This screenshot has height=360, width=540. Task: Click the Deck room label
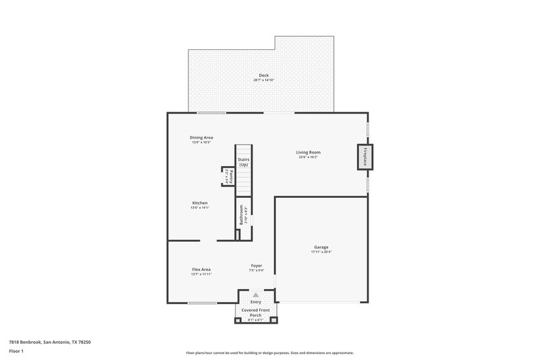[263, 74]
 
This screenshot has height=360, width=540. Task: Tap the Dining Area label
[201, 137]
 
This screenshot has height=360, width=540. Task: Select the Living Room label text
[308, 152]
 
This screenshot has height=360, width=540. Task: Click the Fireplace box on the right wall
[365, 157]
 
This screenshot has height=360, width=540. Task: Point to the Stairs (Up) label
[243, 162]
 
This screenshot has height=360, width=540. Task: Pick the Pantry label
[230, 176]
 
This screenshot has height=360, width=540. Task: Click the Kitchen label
[200, 203]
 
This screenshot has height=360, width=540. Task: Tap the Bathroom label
[241, 215]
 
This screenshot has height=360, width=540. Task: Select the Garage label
[321, 247]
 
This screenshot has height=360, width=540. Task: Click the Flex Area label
[201, 269]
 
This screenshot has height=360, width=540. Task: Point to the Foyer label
[256, 265]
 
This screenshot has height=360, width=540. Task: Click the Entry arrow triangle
[256, 295]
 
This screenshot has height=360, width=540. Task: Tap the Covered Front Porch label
[256, 312]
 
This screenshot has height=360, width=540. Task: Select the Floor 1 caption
[16, 351]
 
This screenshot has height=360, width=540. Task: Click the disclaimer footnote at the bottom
[269, 353]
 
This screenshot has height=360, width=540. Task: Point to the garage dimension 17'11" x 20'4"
[321, 252]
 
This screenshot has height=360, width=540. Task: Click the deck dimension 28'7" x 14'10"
[263, 80]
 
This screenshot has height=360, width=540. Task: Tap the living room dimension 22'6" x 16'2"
[308, 157]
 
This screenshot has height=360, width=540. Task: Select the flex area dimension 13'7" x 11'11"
[201, 274]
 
